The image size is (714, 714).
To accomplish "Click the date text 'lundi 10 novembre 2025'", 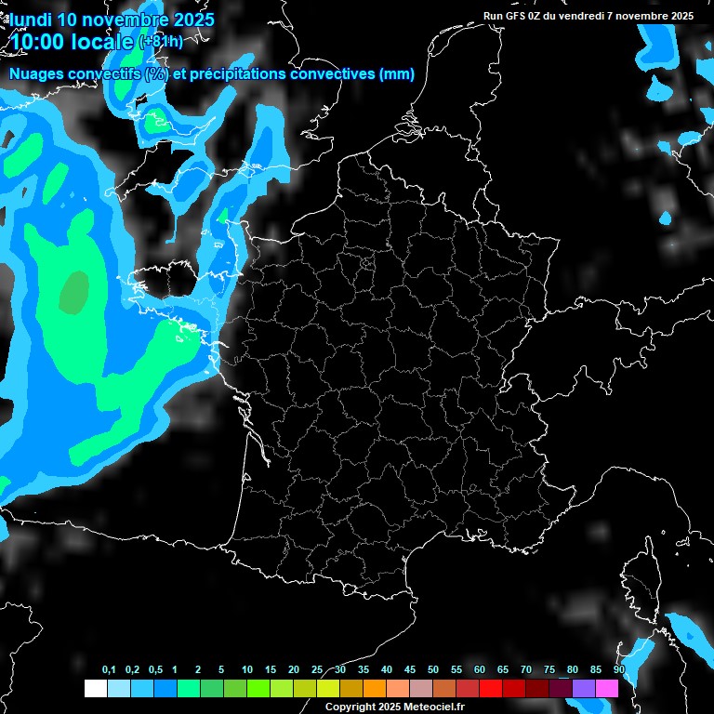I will tap(111, 20).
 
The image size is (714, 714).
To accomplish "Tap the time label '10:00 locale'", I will tap(72, 42).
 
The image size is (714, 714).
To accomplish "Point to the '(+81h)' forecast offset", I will tap(161, 42).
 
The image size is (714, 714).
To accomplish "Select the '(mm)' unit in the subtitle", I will tap(397, 74).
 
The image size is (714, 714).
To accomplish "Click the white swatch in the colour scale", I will tap(95, 689).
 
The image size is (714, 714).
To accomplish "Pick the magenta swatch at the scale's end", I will tap(607, 689).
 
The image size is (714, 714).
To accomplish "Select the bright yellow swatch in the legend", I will tap(327, 689).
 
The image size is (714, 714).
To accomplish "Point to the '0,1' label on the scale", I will tap(109, 670).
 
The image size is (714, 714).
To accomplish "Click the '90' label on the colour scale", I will tap(618, 670).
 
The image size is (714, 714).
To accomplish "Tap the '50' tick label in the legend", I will tap(433, 670).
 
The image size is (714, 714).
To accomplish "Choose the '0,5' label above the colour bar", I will tap(155, 670).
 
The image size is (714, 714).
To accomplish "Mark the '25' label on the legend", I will tap(317, 670).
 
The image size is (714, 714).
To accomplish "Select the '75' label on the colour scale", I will tap(549, 670).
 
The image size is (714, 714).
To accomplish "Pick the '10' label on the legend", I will tap(247, 670).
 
